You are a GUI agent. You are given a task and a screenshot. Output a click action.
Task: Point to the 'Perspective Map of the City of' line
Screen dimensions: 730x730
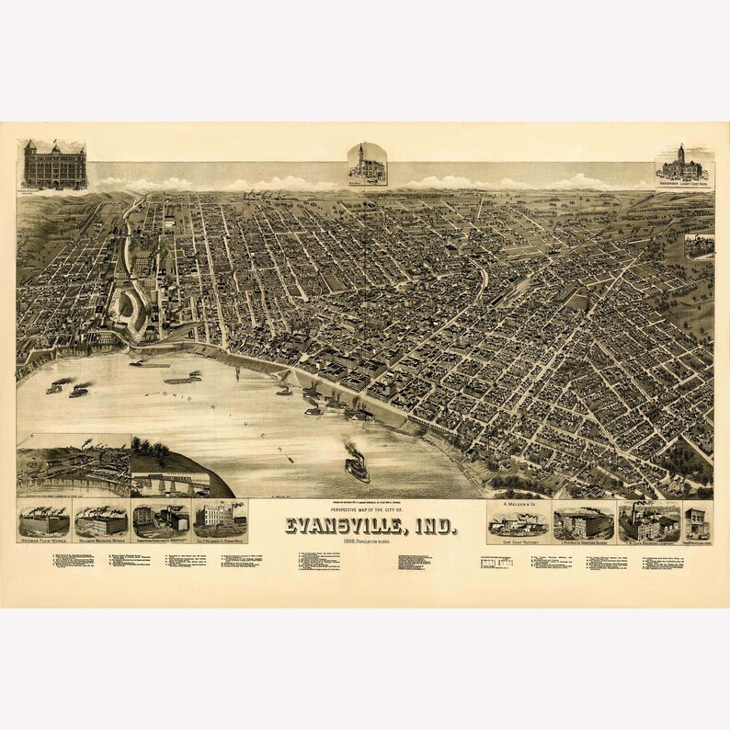[x=367, y=512]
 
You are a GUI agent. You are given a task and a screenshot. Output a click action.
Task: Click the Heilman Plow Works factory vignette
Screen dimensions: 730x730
[x=44, y=521]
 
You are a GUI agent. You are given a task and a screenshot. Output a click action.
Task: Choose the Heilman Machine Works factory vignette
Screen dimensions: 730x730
[x=101, y=521]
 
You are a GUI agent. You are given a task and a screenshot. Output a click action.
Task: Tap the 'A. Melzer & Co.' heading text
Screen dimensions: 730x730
[x=518, y=506]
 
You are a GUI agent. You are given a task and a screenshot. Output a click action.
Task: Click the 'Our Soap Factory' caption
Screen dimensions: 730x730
[x=518, y=543]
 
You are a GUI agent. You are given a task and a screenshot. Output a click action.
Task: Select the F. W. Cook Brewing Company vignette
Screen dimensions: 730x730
[x=648, y=522]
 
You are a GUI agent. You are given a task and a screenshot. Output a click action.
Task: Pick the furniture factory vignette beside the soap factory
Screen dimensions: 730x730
[x=583, y=522]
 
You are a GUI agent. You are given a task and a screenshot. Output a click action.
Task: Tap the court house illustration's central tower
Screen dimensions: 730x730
[x=681, y=154]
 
